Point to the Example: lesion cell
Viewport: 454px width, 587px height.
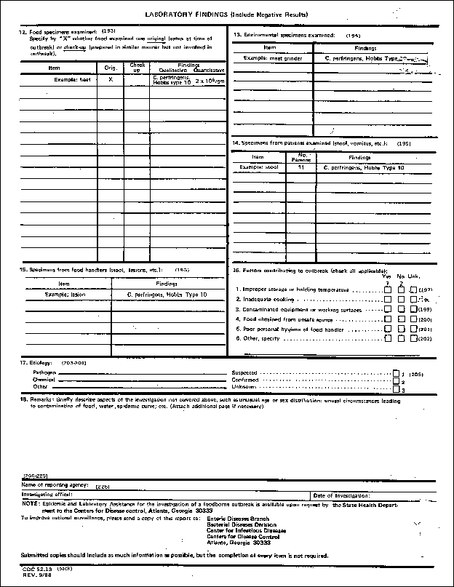67,295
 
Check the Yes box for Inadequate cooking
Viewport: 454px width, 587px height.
388,299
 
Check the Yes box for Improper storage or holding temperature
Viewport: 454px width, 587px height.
388,289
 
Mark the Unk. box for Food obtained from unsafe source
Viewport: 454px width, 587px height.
413,319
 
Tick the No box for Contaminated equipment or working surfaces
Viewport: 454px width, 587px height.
401,309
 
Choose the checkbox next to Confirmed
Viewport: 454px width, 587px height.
396,380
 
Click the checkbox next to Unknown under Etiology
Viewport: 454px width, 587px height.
396,388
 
